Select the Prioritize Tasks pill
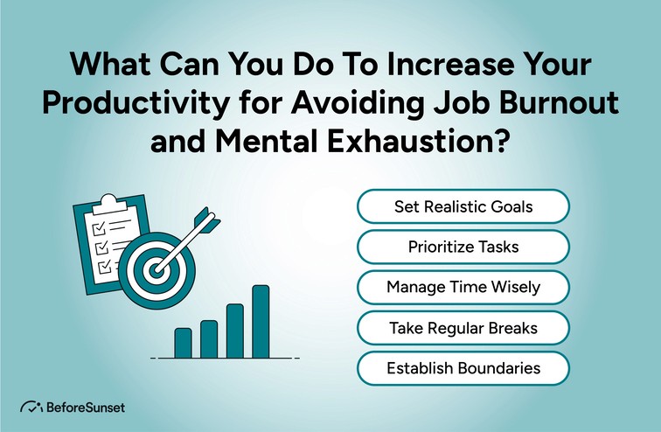coord(463,247)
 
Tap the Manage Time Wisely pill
coord(463,287)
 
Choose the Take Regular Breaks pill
coord(463,328)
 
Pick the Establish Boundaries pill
coord(463,368)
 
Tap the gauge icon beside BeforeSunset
coord(31,408)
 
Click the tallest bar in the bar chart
coord(261,321)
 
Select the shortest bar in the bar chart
coord(183,343)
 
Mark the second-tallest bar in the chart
coord(234,331)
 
